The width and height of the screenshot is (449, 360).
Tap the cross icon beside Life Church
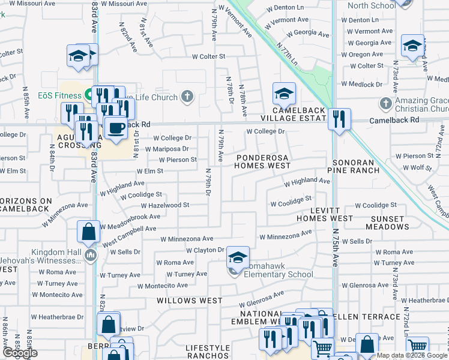click(x=187, y=97)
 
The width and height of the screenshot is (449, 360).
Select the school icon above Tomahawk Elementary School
click(x=238, y=257)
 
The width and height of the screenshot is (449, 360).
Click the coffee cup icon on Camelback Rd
click(x=116, y=127)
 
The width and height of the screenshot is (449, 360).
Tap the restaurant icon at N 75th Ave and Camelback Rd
click(x=340, y=118)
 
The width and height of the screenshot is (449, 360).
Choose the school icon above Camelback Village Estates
click(x=284, y=93)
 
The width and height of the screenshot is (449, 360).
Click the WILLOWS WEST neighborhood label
click(x=190, y=300)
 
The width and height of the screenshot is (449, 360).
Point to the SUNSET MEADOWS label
click(x=388, y=223)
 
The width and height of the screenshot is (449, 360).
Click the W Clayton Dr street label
click(x=205, y=250)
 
